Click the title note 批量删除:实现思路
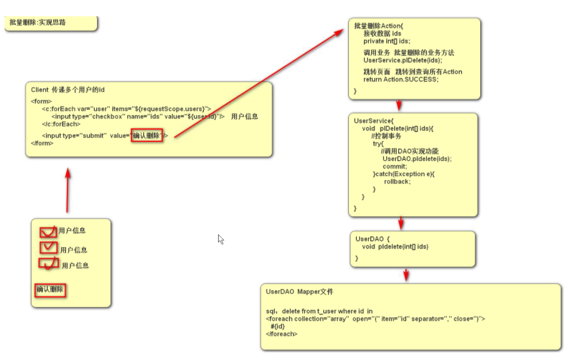coord(38,23)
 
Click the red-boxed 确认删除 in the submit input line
coord(147,136)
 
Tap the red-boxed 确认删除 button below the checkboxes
coord(49,289)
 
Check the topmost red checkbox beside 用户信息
coord(48,231)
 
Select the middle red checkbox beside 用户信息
coord(48,248)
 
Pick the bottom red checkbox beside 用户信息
coord(49,263)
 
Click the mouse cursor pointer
coord(220,238)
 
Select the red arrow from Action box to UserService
coord(399,105)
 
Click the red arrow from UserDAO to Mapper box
coord(406,275)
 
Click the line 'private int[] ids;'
coord(387,41)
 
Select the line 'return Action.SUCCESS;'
coord(401,79)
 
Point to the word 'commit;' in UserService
coord(395,166)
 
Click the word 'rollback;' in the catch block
coord(397,181)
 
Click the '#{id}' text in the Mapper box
coord(277,326)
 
